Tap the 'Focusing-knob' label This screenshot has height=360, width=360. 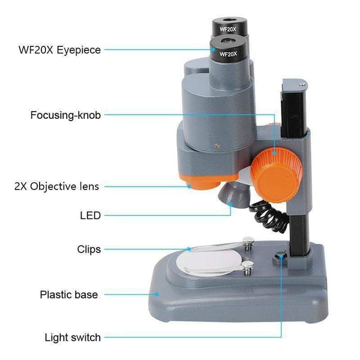point(65,113)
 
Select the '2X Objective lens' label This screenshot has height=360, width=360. point(56,186)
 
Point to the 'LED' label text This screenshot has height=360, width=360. point(90,215)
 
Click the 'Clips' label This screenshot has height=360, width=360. point(89,248)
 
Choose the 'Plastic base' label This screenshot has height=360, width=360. point(68,295)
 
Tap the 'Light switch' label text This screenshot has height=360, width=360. point(73,337)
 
